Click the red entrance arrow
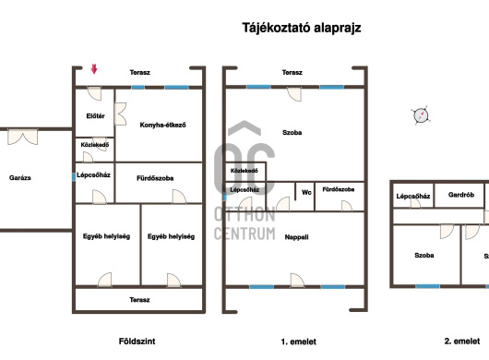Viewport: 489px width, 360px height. pos(94,69)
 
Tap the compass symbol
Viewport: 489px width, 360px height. pos(421,115)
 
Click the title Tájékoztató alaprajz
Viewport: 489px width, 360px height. pos(302,28)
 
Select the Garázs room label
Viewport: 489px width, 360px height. pos(20,178)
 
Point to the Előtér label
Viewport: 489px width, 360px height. pos(95,116)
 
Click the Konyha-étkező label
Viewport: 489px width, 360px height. pos(162,126)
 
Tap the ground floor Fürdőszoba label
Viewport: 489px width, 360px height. pos(155,178)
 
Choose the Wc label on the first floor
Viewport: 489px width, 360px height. pos(306,193)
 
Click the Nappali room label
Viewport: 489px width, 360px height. pos(296,237)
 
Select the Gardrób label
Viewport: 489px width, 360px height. pos(461,195)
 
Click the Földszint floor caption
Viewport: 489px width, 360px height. pos(137,342)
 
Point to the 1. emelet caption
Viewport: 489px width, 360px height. pos(298,342)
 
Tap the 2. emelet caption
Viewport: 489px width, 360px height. pos(462,342)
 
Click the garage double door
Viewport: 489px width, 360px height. pos(23,137)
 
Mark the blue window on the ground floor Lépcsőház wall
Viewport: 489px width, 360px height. pos(74,177)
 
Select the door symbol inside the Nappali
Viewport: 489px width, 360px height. pos(297,280)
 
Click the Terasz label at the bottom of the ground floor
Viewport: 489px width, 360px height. pos(139,300)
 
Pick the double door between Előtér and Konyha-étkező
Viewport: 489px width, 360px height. pos(120,114)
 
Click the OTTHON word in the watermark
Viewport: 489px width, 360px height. pos(244,215)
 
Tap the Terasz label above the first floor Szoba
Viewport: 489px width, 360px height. pos(292,72)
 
